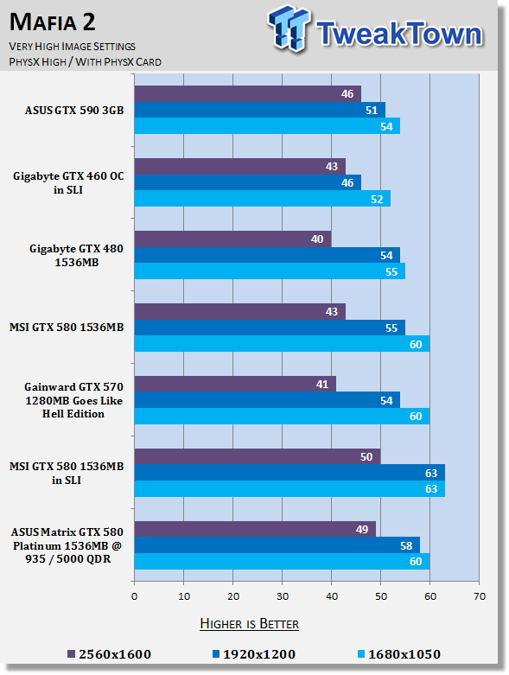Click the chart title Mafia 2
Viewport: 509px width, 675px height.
click(x=53, y=22)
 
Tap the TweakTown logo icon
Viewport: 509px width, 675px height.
click(x=289, y=29)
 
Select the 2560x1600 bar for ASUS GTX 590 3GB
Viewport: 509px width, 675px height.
click(x=248, y=94)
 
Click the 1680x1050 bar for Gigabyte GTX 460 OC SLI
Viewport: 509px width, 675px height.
click(x=263, y=199)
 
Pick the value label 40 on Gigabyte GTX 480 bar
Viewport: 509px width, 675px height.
click(x=317, y=239)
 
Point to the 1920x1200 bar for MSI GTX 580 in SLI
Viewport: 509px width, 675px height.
click(x=289, y=473)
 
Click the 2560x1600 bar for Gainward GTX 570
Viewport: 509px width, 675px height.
click(x=235, y=384)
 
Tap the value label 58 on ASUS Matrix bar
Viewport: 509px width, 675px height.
click(x=406, y=546)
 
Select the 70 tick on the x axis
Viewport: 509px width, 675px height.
click(x=480, y=596)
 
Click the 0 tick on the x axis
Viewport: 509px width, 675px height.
click(x=134, y=596)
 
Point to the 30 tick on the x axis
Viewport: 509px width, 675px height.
click(x=283, y=596)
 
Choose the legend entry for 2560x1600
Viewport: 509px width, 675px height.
click(x=109, y=654)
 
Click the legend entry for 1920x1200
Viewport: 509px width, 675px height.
click(x=254, y=654)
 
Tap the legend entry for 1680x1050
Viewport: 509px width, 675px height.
click(x=399, y=654)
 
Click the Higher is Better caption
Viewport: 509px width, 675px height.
click(x=250, y=624)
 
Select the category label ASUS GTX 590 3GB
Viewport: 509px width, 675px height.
click(x=74, y=111)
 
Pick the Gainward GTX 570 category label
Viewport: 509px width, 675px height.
click(x=73, y=400)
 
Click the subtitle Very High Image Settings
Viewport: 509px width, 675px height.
click(x=73, y=46)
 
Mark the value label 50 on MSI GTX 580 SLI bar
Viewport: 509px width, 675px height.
click(x=366, y=456)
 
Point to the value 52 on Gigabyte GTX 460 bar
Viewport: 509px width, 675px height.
click(x=377, y=200)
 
